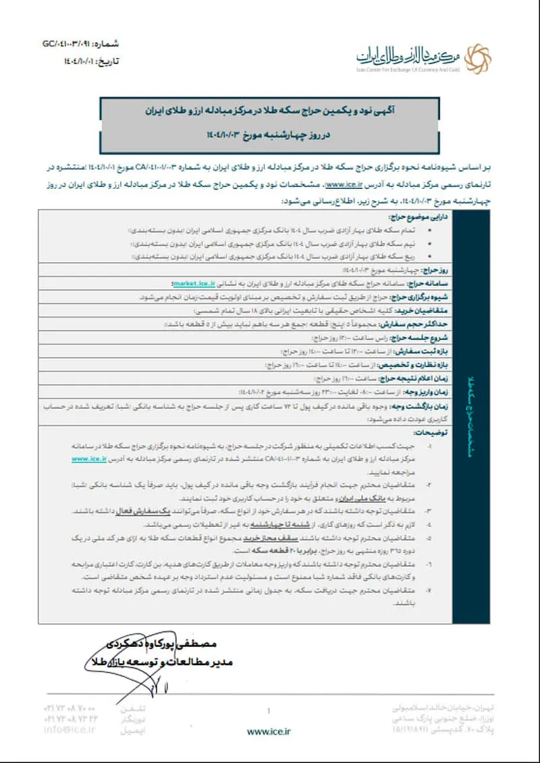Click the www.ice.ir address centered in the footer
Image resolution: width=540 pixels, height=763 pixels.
tap(269, 731)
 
